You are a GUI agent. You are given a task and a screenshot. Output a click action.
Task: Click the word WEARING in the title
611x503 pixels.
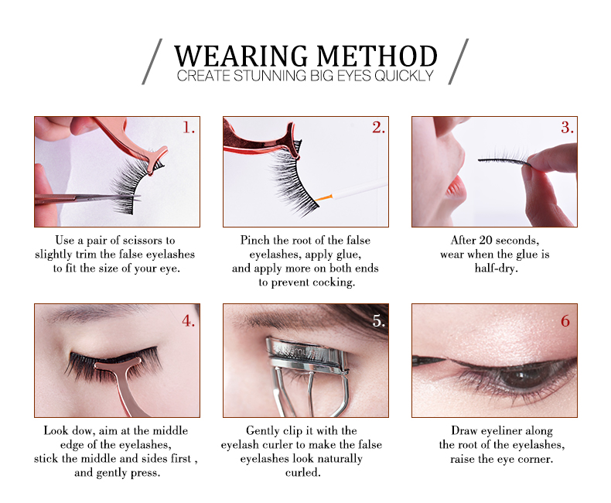coord(241,56)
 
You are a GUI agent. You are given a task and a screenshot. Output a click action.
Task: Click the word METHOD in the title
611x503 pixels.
coord(377,56)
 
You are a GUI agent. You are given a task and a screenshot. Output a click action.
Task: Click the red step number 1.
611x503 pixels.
coord(189,128)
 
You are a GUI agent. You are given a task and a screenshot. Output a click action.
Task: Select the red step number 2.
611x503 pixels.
coord(378,128)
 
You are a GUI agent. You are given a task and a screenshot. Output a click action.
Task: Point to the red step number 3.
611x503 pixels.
coord(567,128)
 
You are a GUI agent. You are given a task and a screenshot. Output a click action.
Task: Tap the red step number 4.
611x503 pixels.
coord(188,321)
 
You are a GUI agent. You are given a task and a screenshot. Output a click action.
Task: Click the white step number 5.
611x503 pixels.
coord(378,321)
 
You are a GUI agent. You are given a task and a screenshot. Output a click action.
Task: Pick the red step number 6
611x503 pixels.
coord(565,321)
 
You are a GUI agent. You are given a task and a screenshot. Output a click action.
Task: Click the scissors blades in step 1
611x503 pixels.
coord(108,197)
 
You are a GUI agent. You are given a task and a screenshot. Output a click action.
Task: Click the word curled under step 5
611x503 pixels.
coord(302,473)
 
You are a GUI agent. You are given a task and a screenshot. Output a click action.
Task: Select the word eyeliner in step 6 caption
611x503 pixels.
coord(501,431)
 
